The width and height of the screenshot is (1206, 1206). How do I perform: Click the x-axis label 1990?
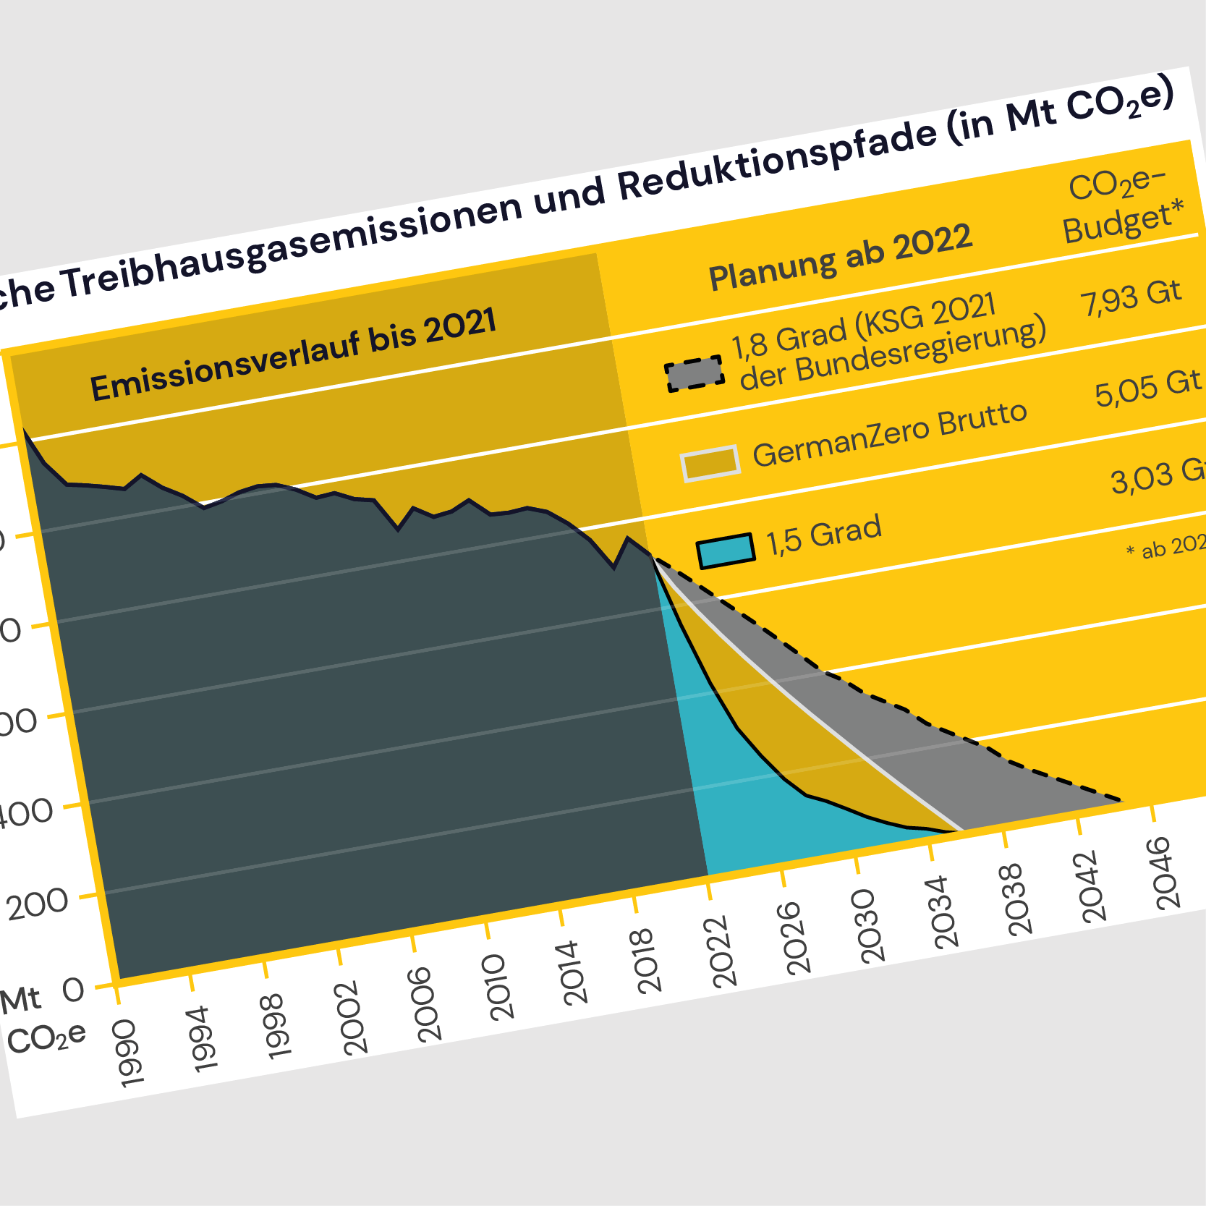click(x=131, y=1053)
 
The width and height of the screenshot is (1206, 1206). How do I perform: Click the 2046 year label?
click(x=1168, y=872)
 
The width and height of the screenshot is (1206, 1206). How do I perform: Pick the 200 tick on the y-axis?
click(x=38, y=904)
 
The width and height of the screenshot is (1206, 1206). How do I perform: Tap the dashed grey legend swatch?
click(x=695, y=373)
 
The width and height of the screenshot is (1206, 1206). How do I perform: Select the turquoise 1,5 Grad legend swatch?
click(x=726, y=551)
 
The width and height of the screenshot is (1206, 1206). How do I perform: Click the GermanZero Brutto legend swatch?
click(x=710, y=463)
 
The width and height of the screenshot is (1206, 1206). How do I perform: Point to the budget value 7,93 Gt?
click(x=1131, y=297)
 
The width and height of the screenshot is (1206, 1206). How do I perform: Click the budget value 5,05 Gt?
click(x=1147, y=389)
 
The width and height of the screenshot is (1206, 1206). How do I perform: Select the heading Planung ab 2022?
click(x=840, y=257)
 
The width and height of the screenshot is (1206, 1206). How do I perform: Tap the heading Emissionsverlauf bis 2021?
click(x=293, y=355)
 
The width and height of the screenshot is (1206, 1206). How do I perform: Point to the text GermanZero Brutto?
click(x=889, y=433)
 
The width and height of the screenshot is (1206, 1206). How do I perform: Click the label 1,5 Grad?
click(x=824, y=535)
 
